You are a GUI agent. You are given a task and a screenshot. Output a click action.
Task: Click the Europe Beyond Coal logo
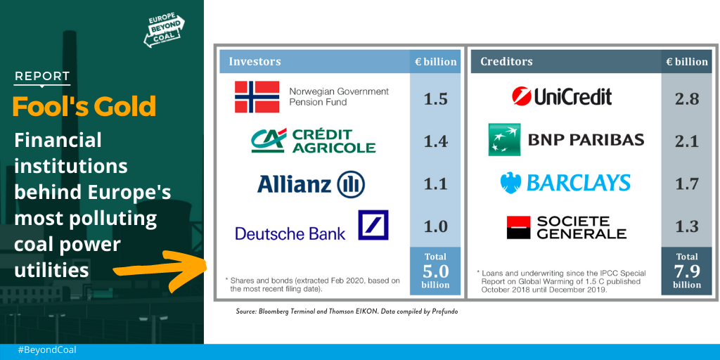click(165, 30)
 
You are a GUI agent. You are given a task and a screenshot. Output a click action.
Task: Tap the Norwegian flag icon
click(257, 97)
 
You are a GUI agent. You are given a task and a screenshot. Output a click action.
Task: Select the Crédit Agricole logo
click(313, 141)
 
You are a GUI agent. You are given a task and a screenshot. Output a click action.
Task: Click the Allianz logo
click(311, 184)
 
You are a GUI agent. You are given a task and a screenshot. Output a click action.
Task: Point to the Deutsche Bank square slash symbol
click(373, 225)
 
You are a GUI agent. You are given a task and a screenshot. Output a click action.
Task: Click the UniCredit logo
click(562, 96)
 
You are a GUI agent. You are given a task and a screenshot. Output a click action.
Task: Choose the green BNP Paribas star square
click(504, 140)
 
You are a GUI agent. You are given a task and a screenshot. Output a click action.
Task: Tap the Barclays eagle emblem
click(510, 183)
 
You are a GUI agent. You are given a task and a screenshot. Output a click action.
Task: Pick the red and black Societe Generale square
click(518, 227)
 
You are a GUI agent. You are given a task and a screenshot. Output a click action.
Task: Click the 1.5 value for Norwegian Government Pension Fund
click(435, 98)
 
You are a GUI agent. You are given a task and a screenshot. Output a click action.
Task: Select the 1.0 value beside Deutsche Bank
click(435, 226)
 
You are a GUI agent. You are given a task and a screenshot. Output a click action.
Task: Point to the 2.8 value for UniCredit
click(687, 98)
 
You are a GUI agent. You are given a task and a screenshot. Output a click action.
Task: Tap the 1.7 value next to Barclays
click(687, 184)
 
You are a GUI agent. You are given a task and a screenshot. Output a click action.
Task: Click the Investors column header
click(255, 62)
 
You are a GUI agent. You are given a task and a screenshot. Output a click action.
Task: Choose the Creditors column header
click(506, 62)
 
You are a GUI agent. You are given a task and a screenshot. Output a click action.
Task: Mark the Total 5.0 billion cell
click(435, 271)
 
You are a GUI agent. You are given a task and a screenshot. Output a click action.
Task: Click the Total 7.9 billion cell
click(687, 271)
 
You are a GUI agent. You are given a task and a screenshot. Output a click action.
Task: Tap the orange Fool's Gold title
click(84, 106)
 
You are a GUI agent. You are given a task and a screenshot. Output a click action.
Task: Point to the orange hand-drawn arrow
click(160, 271)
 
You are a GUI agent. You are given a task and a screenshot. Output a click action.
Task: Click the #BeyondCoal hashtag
click(47, 350)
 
